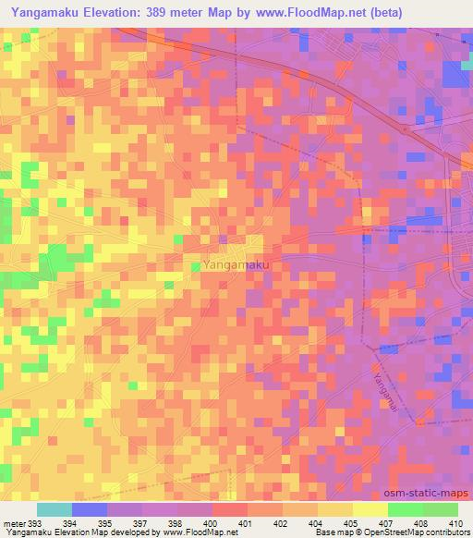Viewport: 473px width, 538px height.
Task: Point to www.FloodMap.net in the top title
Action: click(354, 13)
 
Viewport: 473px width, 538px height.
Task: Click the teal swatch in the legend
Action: click(54, 509)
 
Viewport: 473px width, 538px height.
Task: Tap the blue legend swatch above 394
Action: click(90, 509)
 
